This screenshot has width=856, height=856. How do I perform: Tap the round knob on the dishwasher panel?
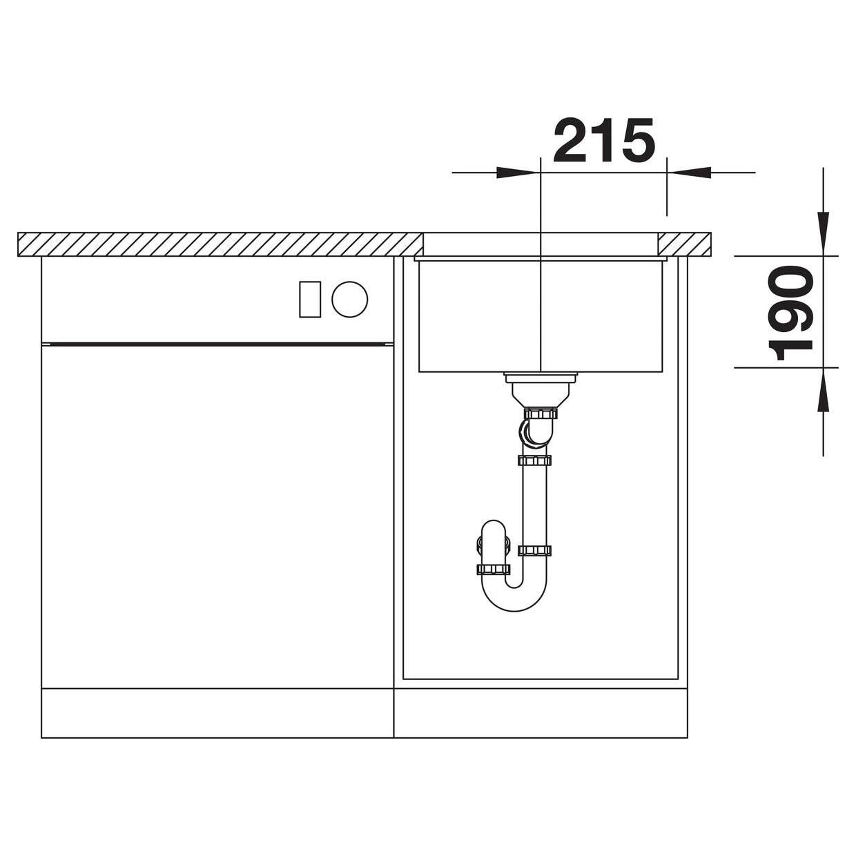pos(350,300)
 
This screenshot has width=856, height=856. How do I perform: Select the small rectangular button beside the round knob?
pos(310,300)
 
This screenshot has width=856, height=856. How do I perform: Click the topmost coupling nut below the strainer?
pos(541,414)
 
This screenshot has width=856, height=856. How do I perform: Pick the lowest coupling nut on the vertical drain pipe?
pos(534,550)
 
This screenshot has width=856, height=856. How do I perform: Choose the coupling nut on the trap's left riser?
pos(493,569)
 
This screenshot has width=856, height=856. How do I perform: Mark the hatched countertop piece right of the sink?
pos(684,244)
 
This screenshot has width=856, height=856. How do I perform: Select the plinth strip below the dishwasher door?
pos(217,713)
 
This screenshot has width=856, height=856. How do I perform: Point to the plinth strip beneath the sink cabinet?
pos(541,713)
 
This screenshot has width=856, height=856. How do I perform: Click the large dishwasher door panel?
pos(217,514)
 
